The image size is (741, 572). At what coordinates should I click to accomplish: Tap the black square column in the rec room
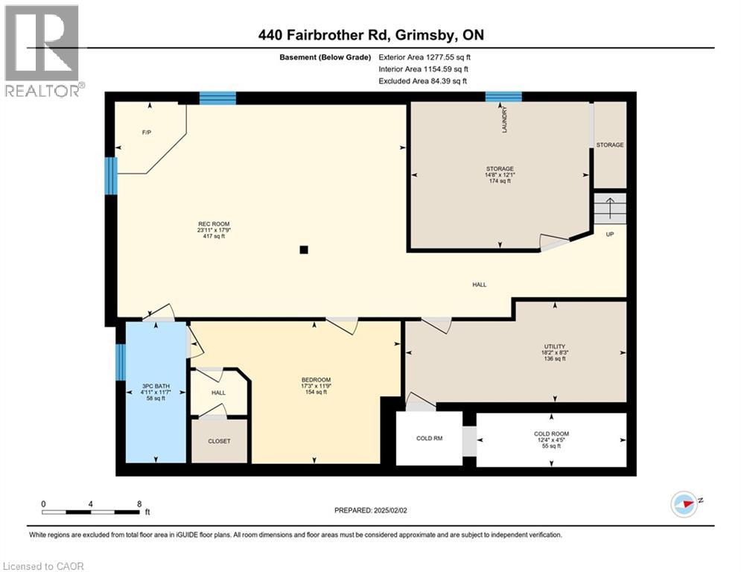[303, 250]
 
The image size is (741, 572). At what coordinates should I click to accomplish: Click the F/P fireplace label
[147, 133]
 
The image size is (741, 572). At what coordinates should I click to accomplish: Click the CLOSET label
[219, 441]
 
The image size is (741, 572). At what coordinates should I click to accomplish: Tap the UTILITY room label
[554, 346]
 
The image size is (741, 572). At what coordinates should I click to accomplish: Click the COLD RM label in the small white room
[429, 439]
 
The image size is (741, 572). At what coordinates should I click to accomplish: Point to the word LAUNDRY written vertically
[504, 119]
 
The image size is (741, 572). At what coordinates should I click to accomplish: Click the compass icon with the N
[684, 503]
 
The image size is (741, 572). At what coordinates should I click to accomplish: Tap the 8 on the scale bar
[139, 504]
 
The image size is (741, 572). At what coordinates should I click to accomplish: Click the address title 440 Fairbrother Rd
[370, 34]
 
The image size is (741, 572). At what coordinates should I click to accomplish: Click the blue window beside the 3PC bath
[119, 362]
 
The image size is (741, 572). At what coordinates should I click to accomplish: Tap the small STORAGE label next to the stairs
[609, 144]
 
